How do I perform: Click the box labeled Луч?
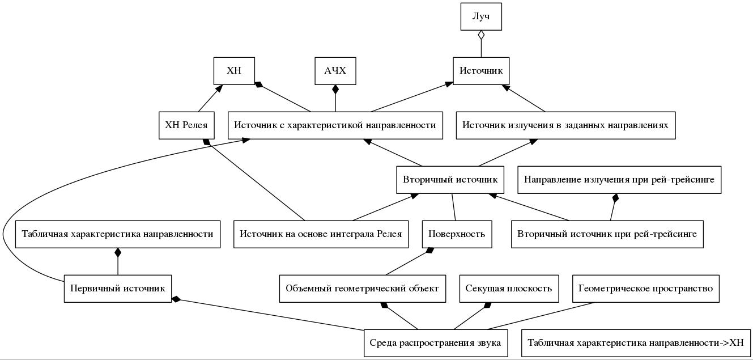coord(481,17)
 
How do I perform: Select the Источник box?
coord(482,71)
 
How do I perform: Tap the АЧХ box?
coord(335,71)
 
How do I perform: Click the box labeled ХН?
coord(234,71)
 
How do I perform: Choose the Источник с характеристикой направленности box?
coord(335,125)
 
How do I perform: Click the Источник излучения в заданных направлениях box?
coord(565,125)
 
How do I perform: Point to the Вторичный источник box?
coord(450,180)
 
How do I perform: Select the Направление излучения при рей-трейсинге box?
coord(619,180)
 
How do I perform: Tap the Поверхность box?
coord(457,234)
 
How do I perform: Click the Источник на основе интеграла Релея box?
coord(321,234)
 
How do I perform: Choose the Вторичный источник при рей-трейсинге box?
coord(607,234)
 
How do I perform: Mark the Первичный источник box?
coord(118,289)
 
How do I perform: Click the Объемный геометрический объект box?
coord(362,289)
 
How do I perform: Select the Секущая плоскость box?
coord(508,289)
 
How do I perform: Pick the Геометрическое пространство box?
coord(645,289)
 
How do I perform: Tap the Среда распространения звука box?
coord(435,343)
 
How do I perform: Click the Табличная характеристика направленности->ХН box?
coord(635,343)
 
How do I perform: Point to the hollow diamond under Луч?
coord(481,35)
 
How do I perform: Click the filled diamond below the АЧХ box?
coord(335,89)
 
